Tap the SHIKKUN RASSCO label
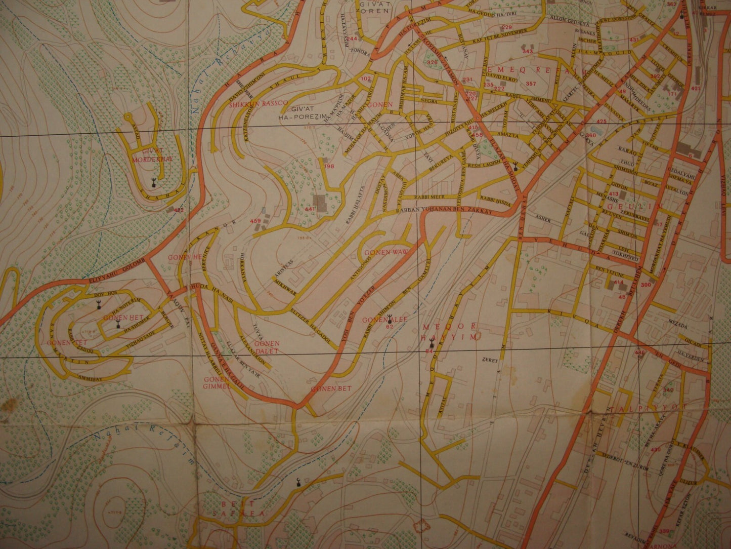click(258, 103)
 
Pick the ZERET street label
click(491, 361)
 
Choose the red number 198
click(329, 166)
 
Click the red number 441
click(310, 209)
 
